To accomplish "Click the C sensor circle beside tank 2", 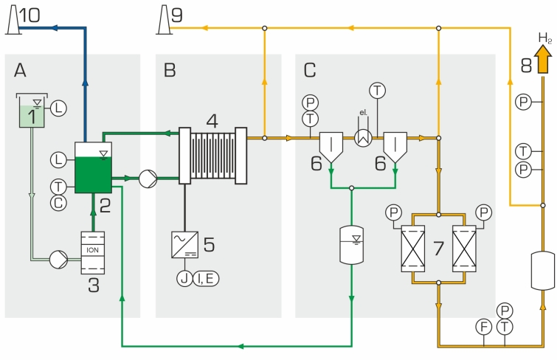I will [x=59, y=201].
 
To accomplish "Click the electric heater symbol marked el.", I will [x=362, y=137].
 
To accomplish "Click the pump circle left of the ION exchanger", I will [x=57, y=260].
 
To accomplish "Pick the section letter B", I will [x=170, y=70].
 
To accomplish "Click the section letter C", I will [x=310, y=70].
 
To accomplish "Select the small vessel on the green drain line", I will [x=351, y=244].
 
